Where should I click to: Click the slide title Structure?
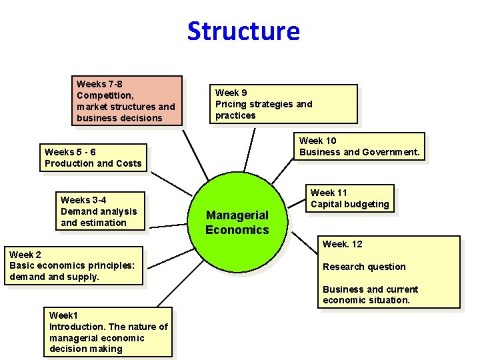[243, 31]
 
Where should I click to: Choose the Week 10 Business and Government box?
[359, 147]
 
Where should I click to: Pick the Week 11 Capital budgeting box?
[349, 199]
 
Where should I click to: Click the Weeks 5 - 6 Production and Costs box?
[93, 158]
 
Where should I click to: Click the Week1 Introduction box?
[108, 332]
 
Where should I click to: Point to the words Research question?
[364, 267]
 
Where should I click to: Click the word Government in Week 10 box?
[391, 152]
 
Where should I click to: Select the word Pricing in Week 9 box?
[231, 104]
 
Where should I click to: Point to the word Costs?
[129, 163]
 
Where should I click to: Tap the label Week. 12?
[343, 244]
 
